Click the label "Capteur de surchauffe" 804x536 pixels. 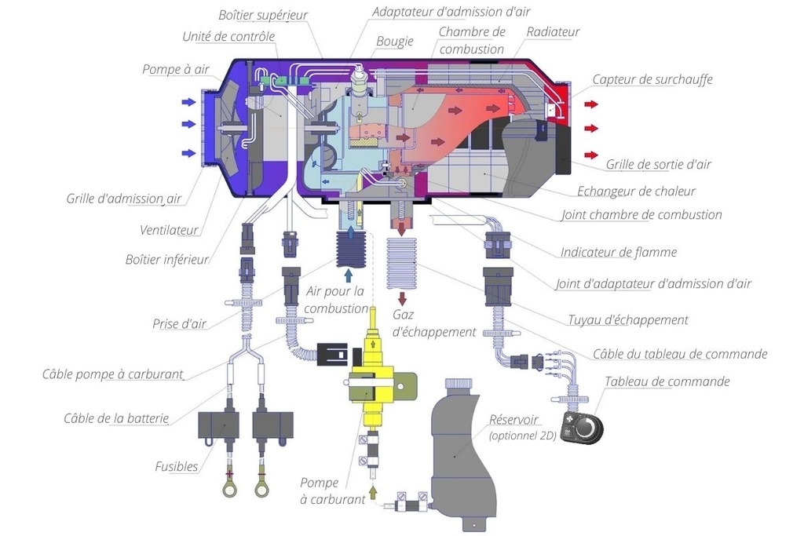(652, 79)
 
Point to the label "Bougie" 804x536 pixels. (394, 42)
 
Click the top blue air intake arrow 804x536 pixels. (189, 102)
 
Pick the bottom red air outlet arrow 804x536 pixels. (590, 154)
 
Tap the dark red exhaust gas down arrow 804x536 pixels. (402, 299)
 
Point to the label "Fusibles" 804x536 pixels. (176, 466)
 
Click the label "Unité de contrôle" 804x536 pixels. (228, 37)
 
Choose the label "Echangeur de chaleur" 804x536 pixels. (636, 191)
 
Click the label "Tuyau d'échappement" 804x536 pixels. (627, 319)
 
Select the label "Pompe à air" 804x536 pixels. (175, 69)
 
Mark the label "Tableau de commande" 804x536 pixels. (667, 381)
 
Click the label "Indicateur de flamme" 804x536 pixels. (618, 252)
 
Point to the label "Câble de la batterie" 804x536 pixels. (116, 417)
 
